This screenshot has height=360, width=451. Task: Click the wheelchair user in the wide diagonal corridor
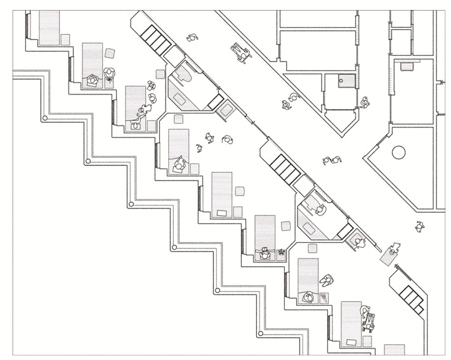240,51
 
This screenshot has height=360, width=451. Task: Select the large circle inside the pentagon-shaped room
398,153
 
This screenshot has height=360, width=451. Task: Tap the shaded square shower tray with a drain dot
346,80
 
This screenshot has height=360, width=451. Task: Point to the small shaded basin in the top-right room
406,64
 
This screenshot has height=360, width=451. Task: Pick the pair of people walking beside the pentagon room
332,161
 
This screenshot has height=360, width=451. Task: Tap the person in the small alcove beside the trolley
360,241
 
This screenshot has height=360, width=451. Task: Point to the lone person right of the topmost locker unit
190,37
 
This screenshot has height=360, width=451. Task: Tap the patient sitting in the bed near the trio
180,165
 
